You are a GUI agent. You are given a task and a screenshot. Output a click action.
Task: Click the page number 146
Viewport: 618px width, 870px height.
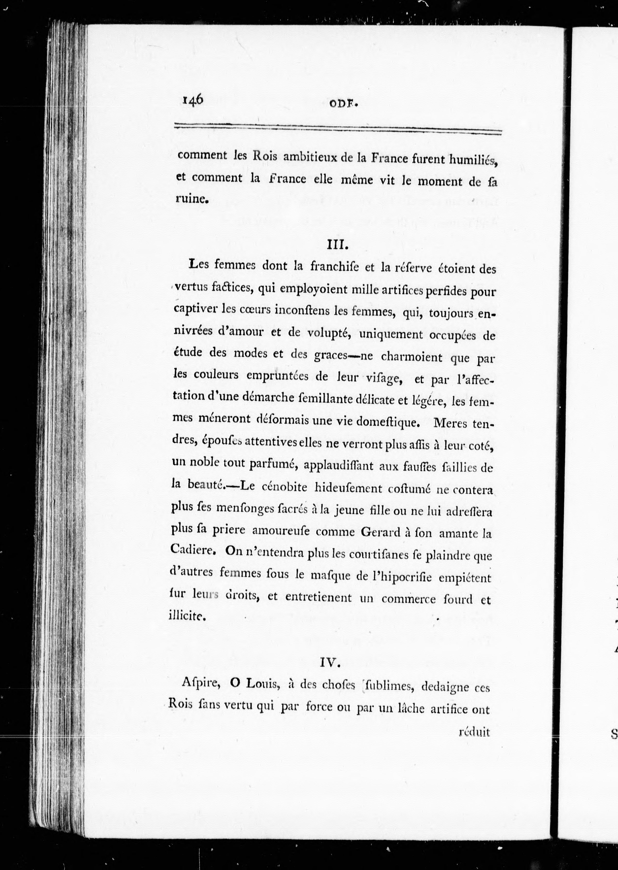click(193, 101)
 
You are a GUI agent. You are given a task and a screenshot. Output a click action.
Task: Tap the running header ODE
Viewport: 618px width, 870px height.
click(344, 104)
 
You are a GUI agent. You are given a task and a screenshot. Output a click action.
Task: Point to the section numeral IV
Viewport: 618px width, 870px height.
click(330, 663)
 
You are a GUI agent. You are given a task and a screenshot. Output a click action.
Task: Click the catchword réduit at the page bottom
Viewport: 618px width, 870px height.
click(474, 732)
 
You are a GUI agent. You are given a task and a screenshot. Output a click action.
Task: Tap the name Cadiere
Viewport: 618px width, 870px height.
click(193, 549)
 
